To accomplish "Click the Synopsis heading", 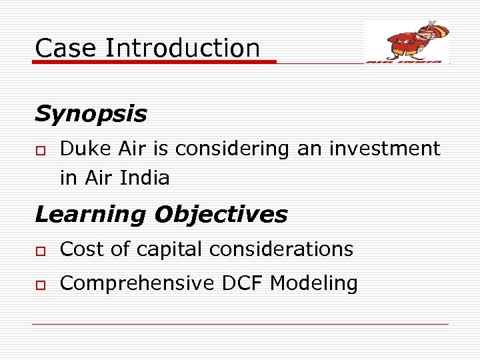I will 91,114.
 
